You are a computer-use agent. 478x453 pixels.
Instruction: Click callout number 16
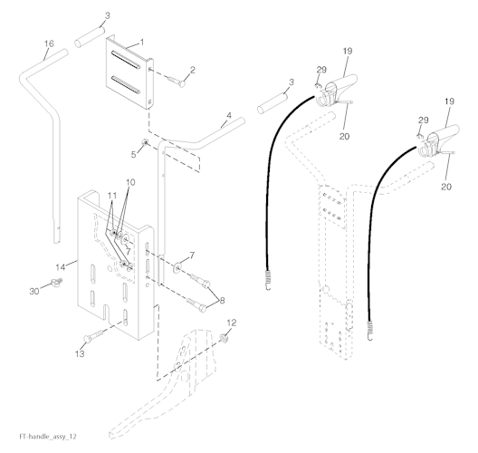[49, 43]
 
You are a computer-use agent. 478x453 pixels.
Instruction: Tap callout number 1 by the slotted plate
[142, 42]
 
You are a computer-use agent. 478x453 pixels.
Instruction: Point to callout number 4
[229, 116]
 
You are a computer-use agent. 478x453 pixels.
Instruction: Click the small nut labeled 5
[145, 142]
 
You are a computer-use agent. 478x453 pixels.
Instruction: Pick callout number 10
[130, 182]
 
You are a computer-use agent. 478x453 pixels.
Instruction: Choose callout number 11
[112, 195]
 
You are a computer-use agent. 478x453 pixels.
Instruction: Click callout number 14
[61, 267]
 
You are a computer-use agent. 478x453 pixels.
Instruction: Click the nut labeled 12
[224, 338]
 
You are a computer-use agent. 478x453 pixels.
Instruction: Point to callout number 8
[222, 300]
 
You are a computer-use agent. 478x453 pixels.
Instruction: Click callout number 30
[34, 291]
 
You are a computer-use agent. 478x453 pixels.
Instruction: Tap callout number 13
[80, 354]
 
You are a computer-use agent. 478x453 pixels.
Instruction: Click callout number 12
[232, 323]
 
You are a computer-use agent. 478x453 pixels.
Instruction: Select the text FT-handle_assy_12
[48, 436]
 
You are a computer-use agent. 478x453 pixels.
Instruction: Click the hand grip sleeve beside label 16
[91, 37]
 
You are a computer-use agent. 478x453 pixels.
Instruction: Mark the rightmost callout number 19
[449, 101]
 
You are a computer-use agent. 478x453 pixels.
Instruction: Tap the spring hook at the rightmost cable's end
[370, 331]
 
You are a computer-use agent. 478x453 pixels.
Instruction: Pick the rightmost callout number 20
[446, 187]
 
